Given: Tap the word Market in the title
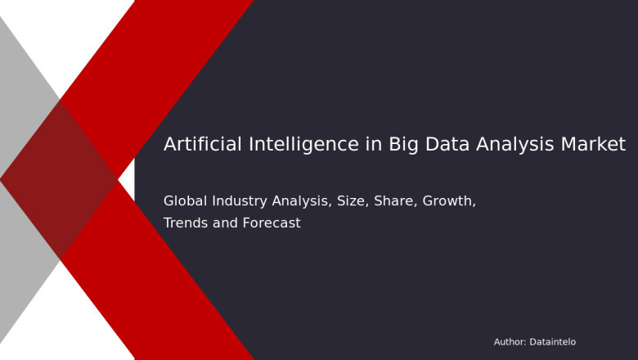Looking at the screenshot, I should coord(593,145).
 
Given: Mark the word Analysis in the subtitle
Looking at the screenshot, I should coord(302,201).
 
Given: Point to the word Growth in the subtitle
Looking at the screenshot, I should coord(449,201).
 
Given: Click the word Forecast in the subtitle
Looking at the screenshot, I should coord(272,223).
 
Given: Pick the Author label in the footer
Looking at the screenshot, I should coord(510,342).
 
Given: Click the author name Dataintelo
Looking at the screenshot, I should coord(553,342).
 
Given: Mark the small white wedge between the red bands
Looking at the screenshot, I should coord(126,180).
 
